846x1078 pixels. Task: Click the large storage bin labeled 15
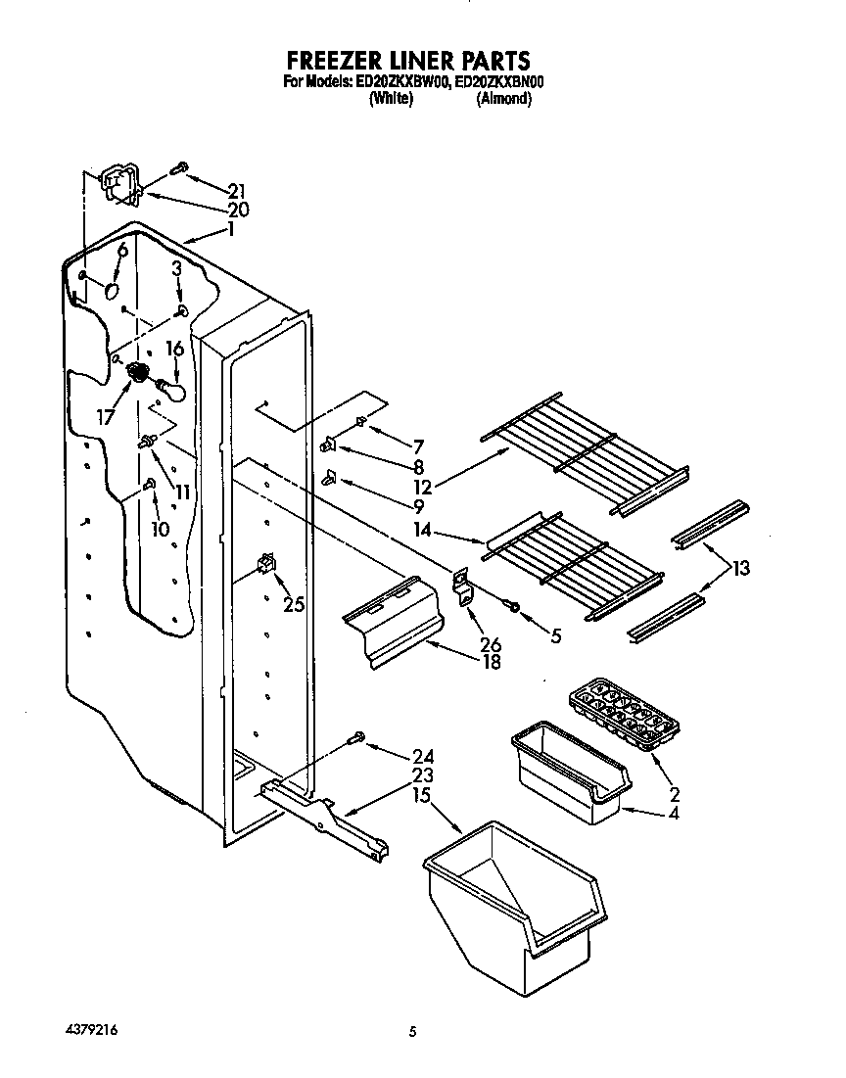pyautogui.click(x=509, y=901)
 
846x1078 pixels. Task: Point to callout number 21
pyautogui.click(x=236, y=191)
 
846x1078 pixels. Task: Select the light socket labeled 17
pyautogui.click(x=137, y=372)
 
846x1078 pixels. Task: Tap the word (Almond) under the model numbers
pyautogui.click(x=503, y=99)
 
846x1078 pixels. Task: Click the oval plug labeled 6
pyautogui.click(x=115, y=292)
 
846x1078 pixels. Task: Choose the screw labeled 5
pyautogui.click(x=512, y=606)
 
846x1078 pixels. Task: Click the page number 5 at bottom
pyautogui.click(x=413, y=1031)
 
